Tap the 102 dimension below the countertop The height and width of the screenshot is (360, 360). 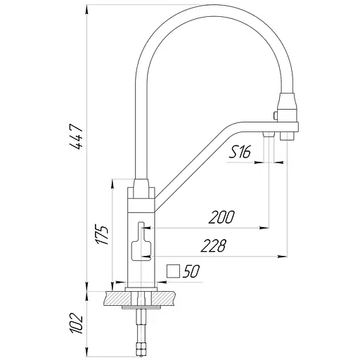click(x=77, y=324)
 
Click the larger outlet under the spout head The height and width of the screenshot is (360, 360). click(x=286, y=136)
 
